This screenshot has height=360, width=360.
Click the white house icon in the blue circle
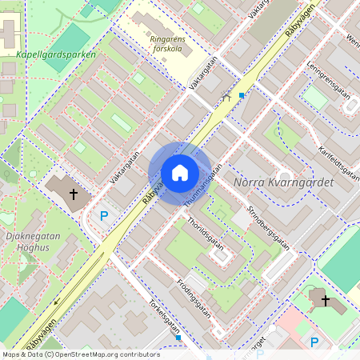click(x=180, y=173)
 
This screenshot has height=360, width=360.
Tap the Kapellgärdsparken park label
click(x=57, y=55)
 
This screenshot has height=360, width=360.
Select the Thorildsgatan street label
click(x=206, y=229)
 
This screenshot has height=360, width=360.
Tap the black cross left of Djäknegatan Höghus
click(x=74, y=194)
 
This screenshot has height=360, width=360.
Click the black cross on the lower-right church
click(x=325, y=300)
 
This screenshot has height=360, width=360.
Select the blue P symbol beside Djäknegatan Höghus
click(x=103, y=214)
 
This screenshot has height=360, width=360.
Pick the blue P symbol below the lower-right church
click(x=314, y=342)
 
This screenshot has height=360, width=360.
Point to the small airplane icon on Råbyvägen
click(x=226, y=97)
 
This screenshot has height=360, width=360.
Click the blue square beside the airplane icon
click(x=242, y=94)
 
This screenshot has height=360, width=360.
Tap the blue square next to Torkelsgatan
click(x=178, y=338)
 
